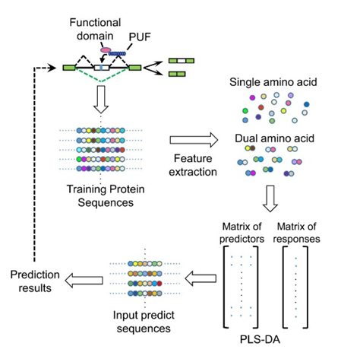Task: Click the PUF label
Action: point(140,37)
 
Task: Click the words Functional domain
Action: point(95,29)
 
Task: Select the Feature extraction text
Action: point(193,165)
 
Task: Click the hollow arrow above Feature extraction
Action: point(194,140)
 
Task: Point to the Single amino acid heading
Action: point(273,82)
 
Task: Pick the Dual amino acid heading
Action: point(274,138)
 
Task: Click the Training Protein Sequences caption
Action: point(106,196)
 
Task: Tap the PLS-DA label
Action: point(260,339)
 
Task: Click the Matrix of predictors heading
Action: point(242,233)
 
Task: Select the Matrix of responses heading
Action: point(296,233)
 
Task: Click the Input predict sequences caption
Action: point(144,322)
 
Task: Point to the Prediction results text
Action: point(35,281)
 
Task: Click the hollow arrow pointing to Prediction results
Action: point(84,281)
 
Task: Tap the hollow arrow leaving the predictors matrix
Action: point(201,278)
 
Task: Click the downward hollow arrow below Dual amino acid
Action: point(270,198)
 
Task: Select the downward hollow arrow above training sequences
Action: point(101,100)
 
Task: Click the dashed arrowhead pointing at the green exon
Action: point(52,68)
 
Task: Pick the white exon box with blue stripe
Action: point(102,68)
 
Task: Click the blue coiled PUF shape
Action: point(117,53)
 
